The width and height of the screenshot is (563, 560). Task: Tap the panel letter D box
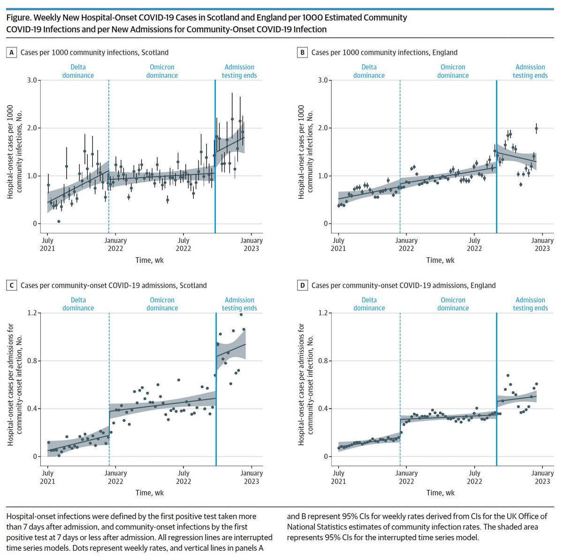(303, 285)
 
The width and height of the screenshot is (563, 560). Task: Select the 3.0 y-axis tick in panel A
(31, 80)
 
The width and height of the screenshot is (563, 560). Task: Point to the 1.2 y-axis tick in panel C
(31, 313)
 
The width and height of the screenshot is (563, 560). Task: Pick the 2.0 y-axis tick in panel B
(322, 128)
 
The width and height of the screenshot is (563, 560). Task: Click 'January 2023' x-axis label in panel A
(251, 244)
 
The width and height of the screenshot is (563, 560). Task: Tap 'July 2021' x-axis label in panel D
(338, 477)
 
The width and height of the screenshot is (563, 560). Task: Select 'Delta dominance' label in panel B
(369, 71)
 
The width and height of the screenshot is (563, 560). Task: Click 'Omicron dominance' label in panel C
(162, 304)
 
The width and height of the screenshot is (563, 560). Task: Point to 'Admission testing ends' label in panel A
(239, 71)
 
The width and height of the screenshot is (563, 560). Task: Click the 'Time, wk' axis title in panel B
(440, 260)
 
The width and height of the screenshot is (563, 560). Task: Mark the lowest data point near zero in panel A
(59, 221)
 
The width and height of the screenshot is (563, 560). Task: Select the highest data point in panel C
(241, 314)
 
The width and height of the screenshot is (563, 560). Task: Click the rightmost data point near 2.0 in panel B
(536, 128)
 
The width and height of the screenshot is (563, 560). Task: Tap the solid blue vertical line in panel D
(496, 389)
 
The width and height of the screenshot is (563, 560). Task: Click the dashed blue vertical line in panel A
(109, 155)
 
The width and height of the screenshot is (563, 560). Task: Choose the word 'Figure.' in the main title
(20, 18)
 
